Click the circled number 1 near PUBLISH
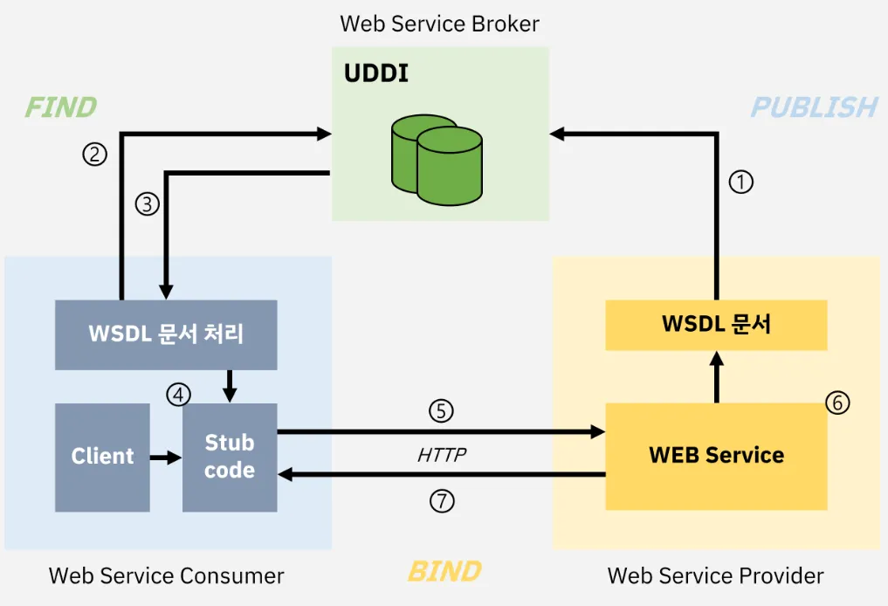(740, 182)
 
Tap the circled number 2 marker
(94, 154)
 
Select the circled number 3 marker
(148, 203)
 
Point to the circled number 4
(178, 395)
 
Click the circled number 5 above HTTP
(441, 411)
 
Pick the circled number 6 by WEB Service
(837, 403)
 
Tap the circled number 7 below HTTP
(442, 501)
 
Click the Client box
(102, 458)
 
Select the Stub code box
(230, 458)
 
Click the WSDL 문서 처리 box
(166, 334)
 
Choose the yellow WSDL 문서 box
(716, 325)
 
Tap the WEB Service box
(716, 457)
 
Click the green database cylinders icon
(437, 160)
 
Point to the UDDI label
(376, 73)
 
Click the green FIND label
(60, 107)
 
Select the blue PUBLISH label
(815, 107)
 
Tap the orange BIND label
(444, 571)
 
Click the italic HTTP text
(442, 455)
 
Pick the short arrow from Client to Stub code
(166, 457)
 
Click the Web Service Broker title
(439, 24)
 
